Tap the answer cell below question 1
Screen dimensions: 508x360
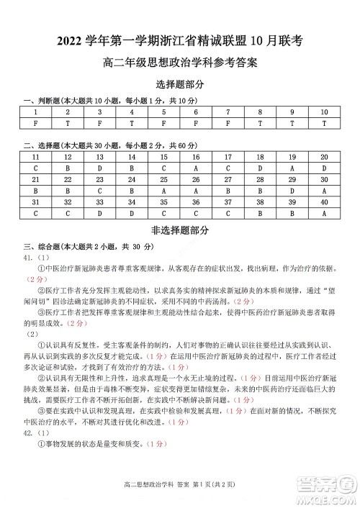click(x=35, y=123)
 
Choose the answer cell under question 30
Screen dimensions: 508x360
click(x=324, y=191)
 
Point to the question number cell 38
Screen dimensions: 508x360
click(x=260, y=202)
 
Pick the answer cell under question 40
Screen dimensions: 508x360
click(x=324, y=214)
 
